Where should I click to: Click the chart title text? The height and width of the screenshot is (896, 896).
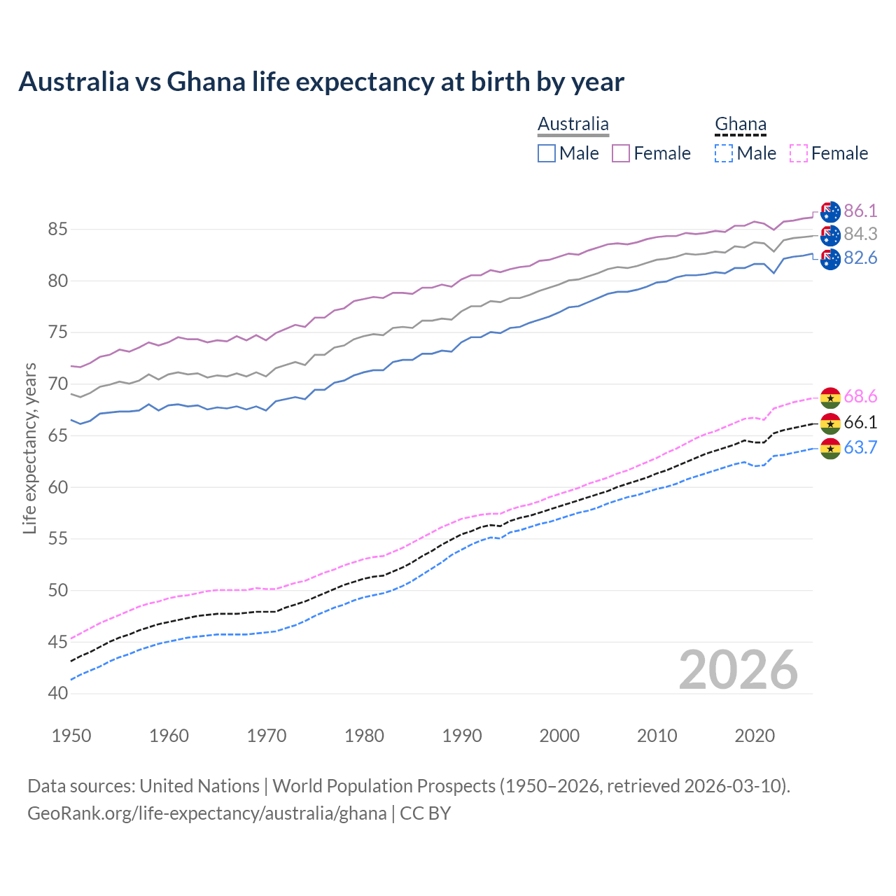click(321, 82)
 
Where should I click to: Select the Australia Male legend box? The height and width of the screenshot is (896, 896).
click(547, 153)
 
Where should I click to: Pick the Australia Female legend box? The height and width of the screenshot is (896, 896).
click(621, 153)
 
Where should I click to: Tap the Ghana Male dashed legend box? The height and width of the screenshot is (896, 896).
click(724, 153)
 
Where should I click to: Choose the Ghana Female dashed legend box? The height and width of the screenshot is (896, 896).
click(798, 153)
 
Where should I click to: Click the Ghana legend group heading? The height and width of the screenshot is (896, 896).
click(741, 125)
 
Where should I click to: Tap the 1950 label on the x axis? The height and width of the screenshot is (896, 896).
click(71, 736)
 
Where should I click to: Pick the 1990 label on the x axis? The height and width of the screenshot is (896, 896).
click(462, 736)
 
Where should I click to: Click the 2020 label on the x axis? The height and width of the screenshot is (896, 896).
click(755, 736)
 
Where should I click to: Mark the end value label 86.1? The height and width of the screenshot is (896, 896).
click(860, 211)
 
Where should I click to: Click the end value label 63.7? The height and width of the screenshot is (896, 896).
click(860, 448)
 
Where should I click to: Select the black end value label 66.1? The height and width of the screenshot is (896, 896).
click(860, 423)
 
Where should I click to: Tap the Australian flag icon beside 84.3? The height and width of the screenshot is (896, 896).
click(830, 235)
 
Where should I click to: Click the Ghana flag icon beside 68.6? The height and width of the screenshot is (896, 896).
click(830, 398)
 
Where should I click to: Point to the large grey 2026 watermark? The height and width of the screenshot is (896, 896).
click(738, 670)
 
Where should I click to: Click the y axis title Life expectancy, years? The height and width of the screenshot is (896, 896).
click(29, 448)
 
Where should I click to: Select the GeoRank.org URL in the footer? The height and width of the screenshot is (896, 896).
click(207, 813)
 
